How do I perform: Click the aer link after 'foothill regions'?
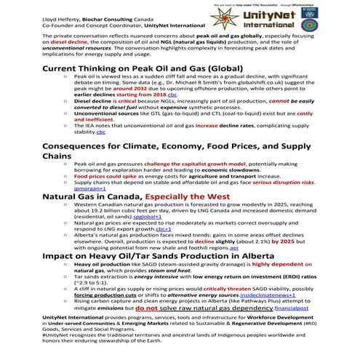[x=234, y=249]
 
